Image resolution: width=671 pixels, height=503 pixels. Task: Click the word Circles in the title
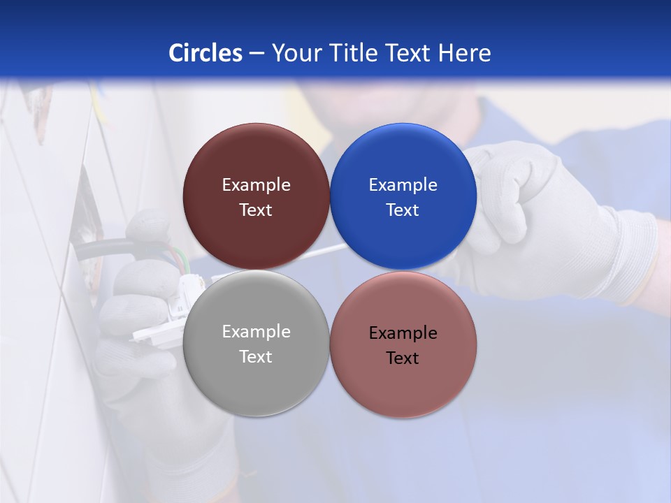205,53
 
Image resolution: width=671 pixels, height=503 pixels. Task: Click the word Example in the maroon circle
256,185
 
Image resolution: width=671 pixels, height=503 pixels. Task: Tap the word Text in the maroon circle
256,210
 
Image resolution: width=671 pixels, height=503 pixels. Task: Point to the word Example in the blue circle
403,185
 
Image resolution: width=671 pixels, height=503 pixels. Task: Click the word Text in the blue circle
403,210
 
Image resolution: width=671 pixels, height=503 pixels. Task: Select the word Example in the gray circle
256,332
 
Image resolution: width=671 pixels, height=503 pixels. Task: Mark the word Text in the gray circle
256,357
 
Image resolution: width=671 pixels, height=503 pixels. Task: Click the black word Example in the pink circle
403,333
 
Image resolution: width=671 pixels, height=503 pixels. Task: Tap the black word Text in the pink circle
403,358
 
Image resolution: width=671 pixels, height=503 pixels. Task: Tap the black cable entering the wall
105,248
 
